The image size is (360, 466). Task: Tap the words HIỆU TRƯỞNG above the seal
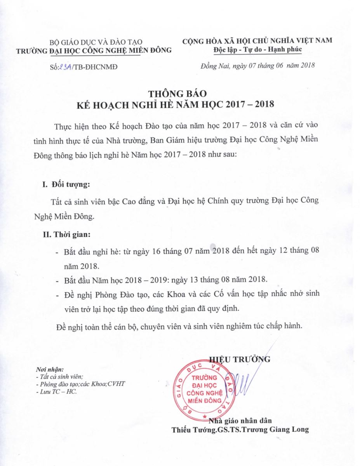(x=240, y=359)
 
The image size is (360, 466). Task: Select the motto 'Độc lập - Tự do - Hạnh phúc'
(x=257, y=50)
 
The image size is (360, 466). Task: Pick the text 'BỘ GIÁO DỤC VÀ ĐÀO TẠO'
(x=96, y=42)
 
